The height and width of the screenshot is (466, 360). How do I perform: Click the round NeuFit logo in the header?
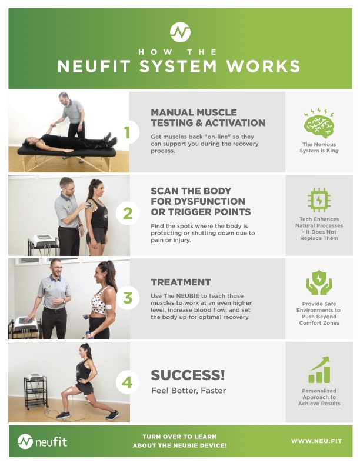click(x=180, y=32)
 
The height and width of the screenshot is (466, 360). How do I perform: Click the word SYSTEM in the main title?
click(x=178, y=66)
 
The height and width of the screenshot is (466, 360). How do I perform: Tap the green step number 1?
click(x=127, y=132)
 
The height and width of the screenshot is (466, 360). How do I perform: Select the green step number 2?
click(x=128, y=214)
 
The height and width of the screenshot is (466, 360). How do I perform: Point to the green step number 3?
click(x=128, y=298)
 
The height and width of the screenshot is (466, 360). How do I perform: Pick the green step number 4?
click(x=127, y=382)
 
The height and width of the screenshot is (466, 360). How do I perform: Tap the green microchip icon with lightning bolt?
click(x=319, y=200)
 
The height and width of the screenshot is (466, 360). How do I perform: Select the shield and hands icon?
click(x=319, y=282)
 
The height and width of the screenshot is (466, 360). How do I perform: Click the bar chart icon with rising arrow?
click(x=319, y=370)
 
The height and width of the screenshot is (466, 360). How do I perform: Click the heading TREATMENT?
click(x=181, y=282)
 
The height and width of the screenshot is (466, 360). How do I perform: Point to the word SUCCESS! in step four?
click(x=188, y=375)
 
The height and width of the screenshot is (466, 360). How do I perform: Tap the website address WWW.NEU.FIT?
click(x=316, y=441)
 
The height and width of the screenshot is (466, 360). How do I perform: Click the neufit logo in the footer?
click(x=42, y=442)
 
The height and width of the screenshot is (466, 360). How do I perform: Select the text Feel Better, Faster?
click(x=189, y=391)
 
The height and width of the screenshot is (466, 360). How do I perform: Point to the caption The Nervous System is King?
click(x=319, y=148)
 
